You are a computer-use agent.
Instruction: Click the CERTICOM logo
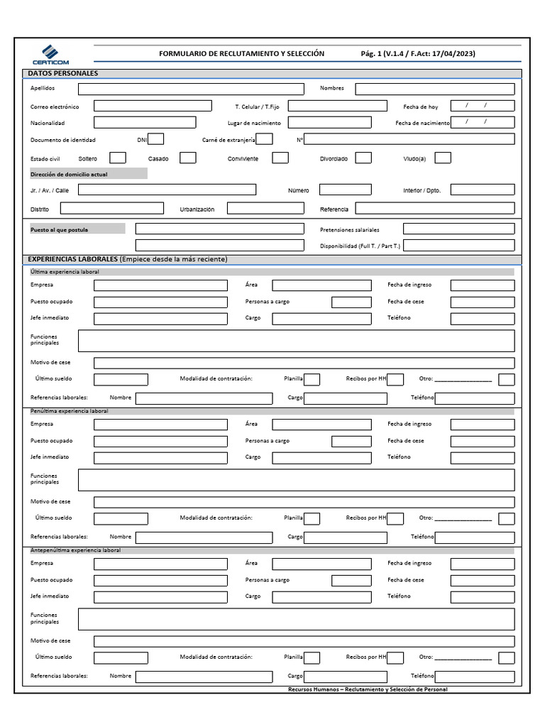(50, 55)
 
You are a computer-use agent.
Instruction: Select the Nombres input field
(434, 89)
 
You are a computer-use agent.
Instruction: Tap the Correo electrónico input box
(153, 106)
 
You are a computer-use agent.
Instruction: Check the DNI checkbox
(156, 139)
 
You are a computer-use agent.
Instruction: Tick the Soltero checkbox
(118, 158)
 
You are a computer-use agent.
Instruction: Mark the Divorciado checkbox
(363, 158)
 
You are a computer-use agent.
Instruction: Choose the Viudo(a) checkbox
(443, 158)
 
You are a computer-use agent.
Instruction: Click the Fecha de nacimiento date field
(483, 122)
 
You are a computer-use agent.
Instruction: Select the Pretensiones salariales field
(458, 229)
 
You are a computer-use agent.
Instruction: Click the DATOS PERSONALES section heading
(63, 73)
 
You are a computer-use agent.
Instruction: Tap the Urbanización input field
(265, 209)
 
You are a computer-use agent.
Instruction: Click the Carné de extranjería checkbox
(264, 139)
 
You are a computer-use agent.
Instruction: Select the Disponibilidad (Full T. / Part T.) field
(458, 246)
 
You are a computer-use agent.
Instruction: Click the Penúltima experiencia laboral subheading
(70, 411)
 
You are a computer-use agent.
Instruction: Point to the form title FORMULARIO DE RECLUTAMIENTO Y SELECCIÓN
(241, 54)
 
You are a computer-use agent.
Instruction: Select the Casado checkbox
(187, 158)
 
